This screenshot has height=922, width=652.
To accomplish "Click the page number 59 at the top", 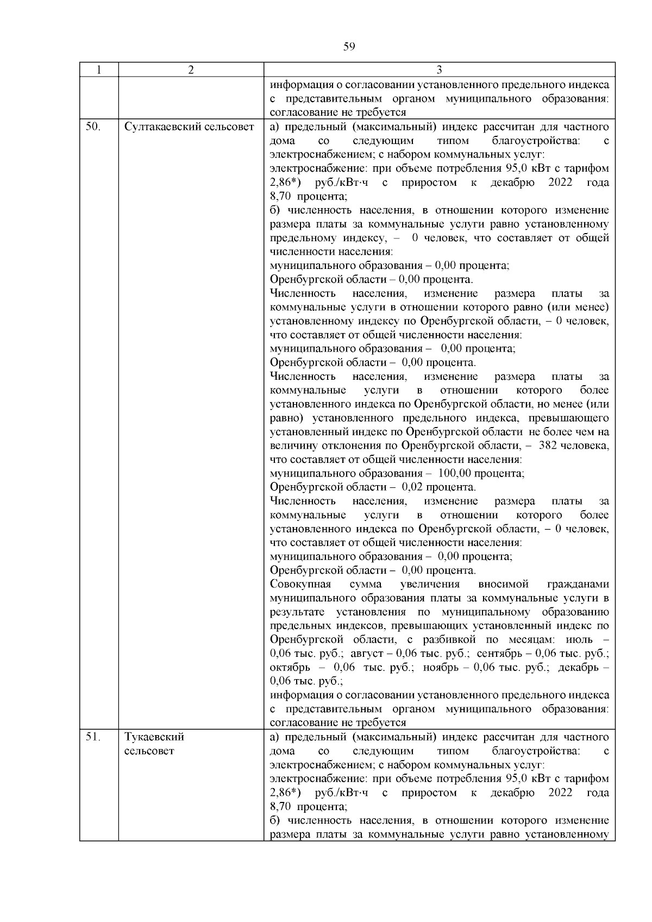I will point(349,47).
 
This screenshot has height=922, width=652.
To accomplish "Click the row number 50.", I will point(93,127).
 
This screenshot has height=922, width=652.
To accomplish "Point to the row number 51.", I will point(93,737).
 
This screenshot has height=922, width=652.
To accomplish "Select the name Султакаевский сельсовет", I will point(189,127).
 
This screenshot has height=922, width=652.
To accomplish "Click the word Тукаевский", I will point(154,737).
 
